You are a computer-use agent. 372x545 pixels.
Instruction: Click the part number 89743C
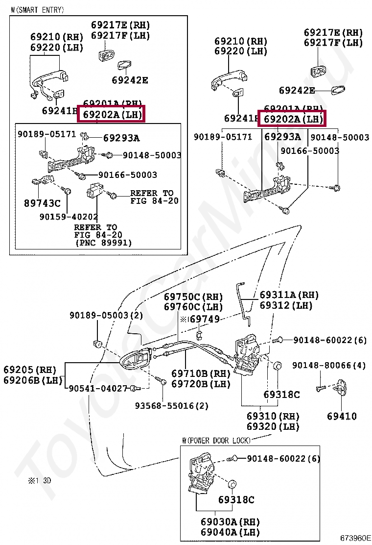coord(42,202)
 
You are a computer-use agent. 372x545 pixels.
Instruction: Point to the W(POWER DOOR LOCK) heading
coord(216,440)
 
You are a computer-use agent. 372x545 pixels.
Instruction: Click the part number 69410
coord(342,416)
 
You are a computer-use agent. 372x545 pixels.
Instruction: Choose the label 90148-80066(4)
coord(329,365)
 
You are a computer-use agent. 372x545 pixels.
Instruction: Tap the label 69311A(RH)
coord(289,295)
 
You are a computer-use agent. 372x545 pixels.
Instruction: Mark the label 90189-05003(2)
coord(106,315)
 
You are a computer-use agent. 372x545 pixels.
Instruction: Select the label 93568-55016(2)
coord(172,406)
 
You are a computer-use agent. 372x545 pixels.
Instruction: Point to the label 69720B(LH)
coord(201,384)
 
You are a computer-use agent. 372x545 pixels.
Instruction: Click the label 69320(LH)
coord(273,426)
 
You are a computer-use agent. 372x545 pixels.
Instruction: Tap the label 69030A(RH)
coord(230,521)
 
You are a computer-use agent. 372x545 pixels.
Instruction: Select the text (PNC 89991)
coord(103,243)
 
